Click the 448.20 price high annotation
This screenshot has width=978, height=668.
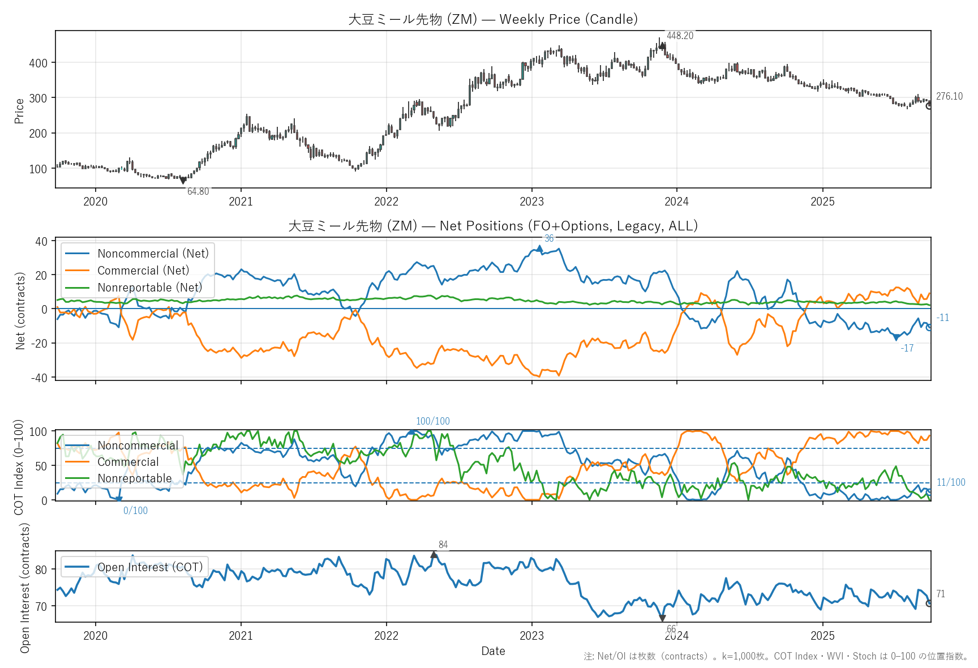[x=680, y=36]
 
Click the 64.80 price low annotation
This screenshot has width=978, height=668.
[x=198, y=191]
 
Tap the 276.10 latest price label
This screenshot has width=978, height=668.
[x=949, y=96]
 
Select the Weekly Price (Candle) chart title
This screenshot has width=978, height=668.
[x=493, y=19]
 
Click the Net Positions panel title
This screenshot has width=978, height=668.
[x=493, y=226]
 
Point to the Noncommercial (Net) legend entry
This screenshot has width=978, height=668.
[x=153, y=254]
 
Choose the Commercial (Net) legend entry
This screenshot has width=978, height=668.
[x=143, y=271]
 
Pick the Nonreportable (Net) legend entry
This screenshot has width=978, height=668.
[x=149, y=288]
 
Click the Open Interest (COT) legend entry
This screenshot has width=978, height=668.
[x=149, y=567]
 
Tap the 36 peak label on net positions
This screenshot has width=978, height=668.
[x=549, y=238]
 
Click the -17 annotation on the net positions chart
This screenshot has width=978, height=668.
[x=907, y=348]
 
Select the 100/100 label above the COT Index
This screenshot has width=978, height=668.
[x=433, y=421]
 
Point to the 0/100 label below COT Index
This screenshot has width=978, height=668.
[x=136, y=511]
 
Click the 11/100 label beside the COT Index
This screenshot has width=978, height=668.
[x=951, y=482]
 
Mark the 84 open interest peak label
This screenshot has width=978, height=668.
[x=443, y=545]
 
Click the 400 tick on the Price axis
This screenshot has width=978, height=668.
[x=38, y=63]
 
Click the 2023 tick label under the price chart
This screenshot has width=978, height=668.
[x=531, y=202]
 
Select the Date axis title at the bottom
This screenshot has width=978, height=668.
[x=493, y=651]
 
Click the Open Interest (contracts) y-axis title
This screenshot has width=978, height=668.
[x=25, y=587]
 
